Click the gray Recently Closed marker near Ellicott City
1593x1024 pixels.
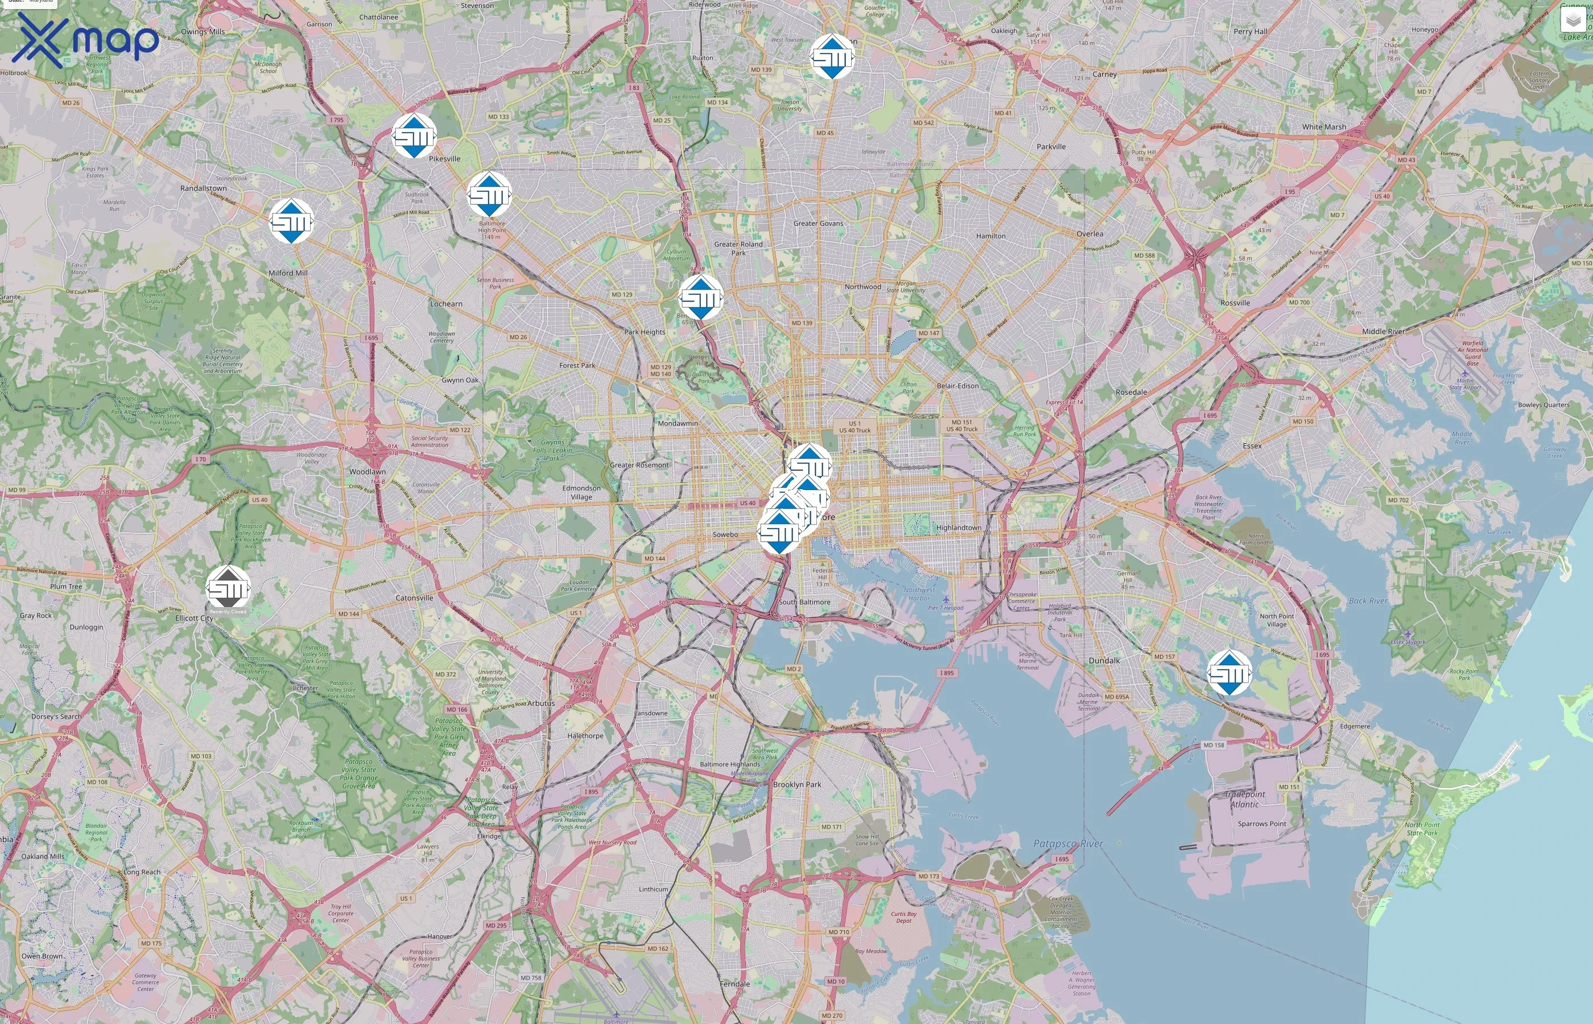[x=228, y=588]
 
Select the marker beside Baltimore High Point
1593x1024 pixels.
[x=489, y=195]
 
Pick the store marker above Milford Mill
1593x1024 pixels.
[x=291, y=221]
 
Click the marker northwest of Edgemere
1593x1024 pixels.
[x=1229, y=673]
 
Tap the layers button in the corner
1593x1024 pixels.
[x=1573, y=20]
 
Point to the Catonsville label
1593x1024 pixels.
[x=414, y=598]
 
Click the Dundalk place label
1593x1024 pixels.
[x=1104, y=660]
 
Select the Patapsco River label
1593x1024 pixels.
[x=1068, y=843]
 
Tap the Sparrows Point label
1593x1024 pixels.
[x=1261, y=823]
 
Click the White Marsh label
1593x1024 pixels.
[x=1324, y=126]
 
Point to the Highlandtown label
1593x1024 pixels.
[x=958, y=527]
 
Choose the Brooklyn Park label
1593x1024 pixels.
[x=796, y=784]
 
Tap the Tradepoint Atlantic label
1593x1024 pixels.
[x=1245, y=799]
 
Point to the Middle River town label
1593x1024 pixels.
[x=1383, y=331]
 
